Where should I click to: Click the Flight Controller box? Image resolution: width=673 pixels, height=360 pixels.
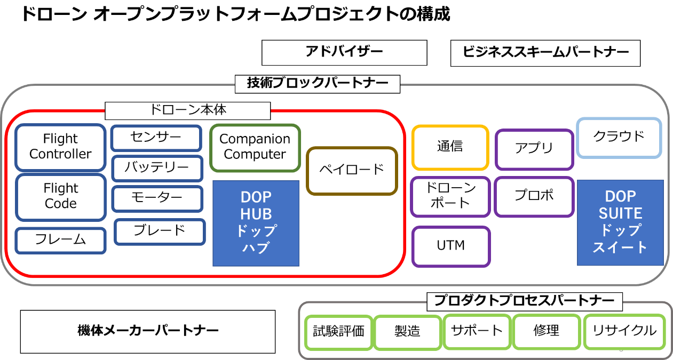(x=60, y=147)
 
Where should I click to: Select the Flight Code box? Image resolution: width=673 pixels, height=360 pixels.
(x=60, y=196)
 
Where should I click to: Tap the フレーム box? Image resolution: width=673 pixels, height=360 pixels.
(x=60, y=240)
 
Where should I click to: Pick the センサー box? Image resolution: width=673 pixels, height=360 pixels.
(x=156, y=138)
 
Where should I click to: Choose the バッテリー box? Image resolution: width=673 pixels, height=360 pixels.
(x=157, y=168)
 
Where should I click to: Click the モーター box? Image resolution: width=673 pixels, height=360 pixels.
(x=157, y=198)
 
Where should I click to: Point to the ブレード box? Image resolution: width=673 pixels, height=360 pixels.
(x=160, y=231)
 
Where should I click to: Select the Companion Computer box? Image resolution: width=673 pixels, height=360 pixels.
(x=255, y=147)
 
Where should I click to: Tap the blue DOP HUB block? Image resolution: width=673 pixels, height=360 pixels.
(x=256, y=223)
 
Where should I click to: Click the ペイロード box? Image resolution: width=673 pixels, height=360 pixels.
(x=352, y=170)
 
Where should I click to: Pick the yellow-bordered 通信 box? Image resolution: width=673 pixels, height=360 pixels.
(x=450, y=147)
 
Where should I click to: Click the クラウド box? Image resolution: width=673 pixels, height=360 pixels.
(x=619, y=137)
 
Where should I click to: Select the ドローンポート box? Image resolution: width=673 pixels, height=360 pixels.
(x=450, y=196)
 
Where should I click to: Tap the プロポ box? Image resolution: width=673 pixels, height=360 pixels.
(x=534, y=196)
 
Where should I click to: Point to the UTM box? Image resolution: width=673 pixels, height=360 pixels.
(x=450, y=246)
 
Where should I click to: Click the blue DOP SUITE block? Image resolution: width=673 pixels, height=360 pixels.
(x=620, y=222)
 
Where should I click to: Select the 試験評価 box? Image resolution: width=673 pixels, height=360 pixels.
(x=338, y=331)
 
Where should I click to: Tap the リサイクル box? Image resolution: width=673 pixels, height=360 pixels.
(x=624, y=331)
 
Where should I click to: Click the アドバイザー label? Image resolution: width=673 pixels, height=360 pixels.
(x=344, y=52)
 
